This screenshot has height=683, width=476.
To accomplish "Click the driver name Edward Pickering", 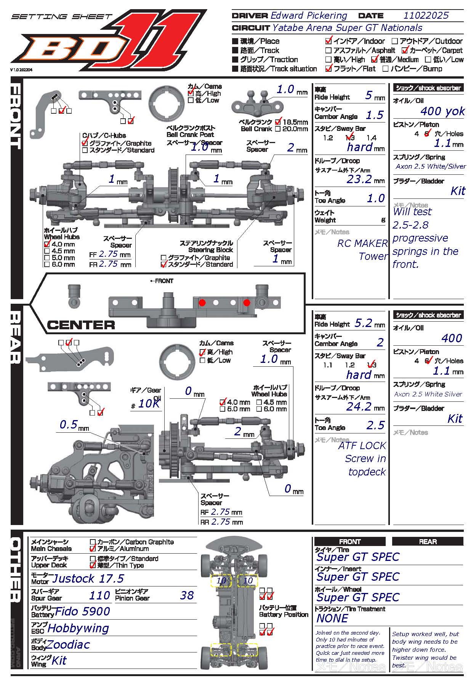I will pyautogui.click(x=309, y=16).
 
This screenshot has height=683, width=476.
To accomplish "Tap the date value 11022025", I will pyautogui.click(x=426, y=16).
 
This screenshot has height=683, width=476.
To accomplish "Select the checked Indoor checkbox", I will pyautogui.click(x=329, y=41).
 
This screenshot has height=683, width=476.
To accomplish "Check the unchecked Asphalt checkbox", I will pyautogui.click(x=328, y=50).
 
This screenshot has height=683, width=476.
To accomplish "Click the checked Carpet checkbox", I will pyautogui.click(x=405, y=50).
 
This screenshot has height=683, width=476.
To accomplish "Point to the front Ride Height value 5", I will pyautogui.click(x=369, y=95).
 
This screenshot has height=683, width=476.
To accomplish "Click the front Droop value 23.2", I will pyautogui.click(x=359, y=179).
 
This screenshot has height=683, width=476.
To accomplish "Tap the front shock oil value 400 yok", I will pyautogui.click(x=442, y=111).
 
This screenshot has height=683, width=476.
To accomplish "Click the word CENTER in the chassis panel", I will pyautogui.click(x=81, y=325).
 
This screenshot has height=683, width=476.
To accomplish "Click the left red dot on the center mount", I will pyautogui.click(x=202, y=303).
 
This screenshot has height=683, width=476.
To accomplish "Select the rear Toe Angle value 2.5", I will pyautogui.click(x=375, y=425).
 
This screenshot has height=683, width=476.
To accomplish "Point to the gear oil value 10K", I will pyautogui.click(x=149, y=404).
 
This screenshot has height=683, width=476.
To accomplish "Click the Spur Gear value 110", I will pyautogui.click(x=99, y=595).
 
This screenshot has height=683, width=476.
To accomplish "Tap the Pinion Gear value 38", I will pyautogui.click(x=187, y=595).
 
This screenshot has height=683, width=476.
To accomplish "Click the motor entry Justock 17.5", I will pyautogui.click(x=88, y=579).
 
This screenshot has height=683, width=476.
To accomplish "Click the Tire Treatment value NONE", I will pyautogui.click(x=332, y=618).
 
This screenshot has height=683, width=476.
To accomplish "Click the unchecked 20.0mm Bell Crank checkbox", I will pyautogui.click(x=278, y=129).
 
